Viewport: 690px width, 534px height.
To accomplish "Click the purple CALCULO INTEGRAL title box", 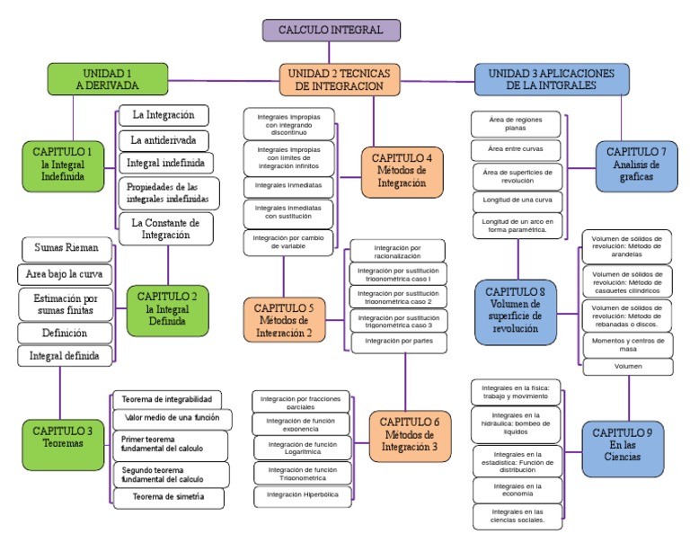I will pos(331,31).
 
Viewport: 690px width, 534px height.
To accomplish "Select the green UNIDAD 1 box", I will pos(107,79).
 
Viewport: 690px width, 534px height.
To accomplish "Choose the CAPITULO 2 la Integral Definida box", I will pos(168,307).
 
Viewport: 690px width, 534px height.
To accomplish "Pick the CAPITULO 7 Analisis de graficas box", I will pos(636,165).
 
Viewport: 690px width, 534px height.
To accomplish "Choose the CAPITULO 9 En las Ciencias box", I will pos(623,444).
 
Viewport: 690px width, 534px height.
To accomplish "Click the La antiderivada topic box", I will pos(164,140).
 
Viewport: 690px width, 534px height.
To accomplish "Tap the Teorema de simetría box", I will pos(168,497).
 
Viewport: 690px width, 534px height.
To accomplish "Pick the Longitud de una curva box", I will pos(517,200).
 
